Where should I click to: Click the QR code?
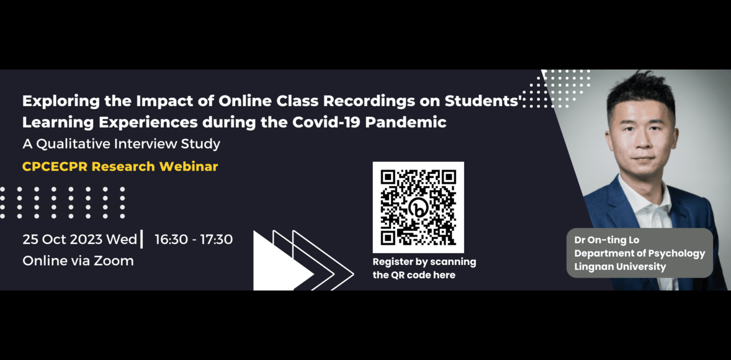click(418, 207)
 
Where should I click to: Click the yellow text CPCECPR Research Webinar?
click(120, 166)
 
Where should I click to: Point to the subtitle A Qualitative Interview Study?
click(121, 144)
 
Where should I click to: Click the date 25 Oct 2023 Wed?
click(79, 239)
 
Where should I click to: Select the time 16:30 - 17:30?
click(194, 239)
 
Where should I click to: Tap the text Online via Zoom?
click(78, 261)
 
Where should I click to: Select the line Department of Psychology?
click(639, 253)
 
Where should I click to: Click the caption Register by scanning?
click(424, 262)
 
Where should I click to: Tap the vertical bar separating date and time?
click(141, 239)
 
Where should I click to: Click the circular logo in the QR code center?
click(418, 208)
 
